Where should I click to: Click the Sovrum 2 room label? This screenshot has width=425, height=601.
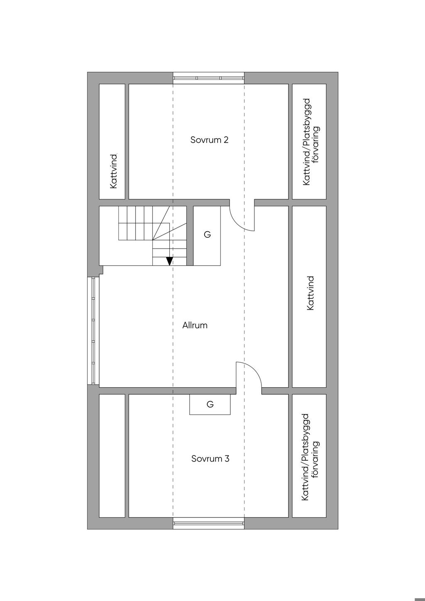pyautogui.click(x=209, y=140)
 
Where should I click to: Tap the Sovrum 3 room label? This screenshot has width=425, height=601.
pyautogui.click(x=210, y=459)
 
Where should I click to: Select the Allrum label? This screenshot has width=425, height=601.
pyautogui.click(x=195, y=325)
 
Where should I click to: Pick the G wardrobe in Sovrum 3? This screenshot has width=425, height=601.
pyautogui.click(x=210, y=404)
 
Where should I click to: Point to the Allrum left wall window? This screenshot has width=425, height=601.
pyautogui.click(x=93, y=330)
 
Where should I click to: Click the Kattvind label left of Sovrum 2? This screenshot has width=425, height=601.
pyautogui.click(x=114, y=171)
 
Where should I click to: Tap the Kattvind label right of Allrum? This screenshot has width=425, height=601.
pyautogui.click(x=310, y=293)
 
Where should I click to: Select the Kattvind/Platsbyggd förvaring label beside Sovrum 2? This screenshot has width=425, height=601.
pyautogui.click(x=311, y=142)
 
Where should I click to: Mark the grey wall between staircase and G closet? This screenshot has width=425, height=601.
pyautogui.click(x=190, y=236)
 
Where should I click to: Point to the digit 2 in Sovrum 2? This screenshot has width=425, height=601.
pyautogui.click(x=226, y=140)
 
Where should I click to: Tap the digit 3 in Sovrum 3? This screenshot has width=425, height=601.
pyautogui.click(x=227, y=459)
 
